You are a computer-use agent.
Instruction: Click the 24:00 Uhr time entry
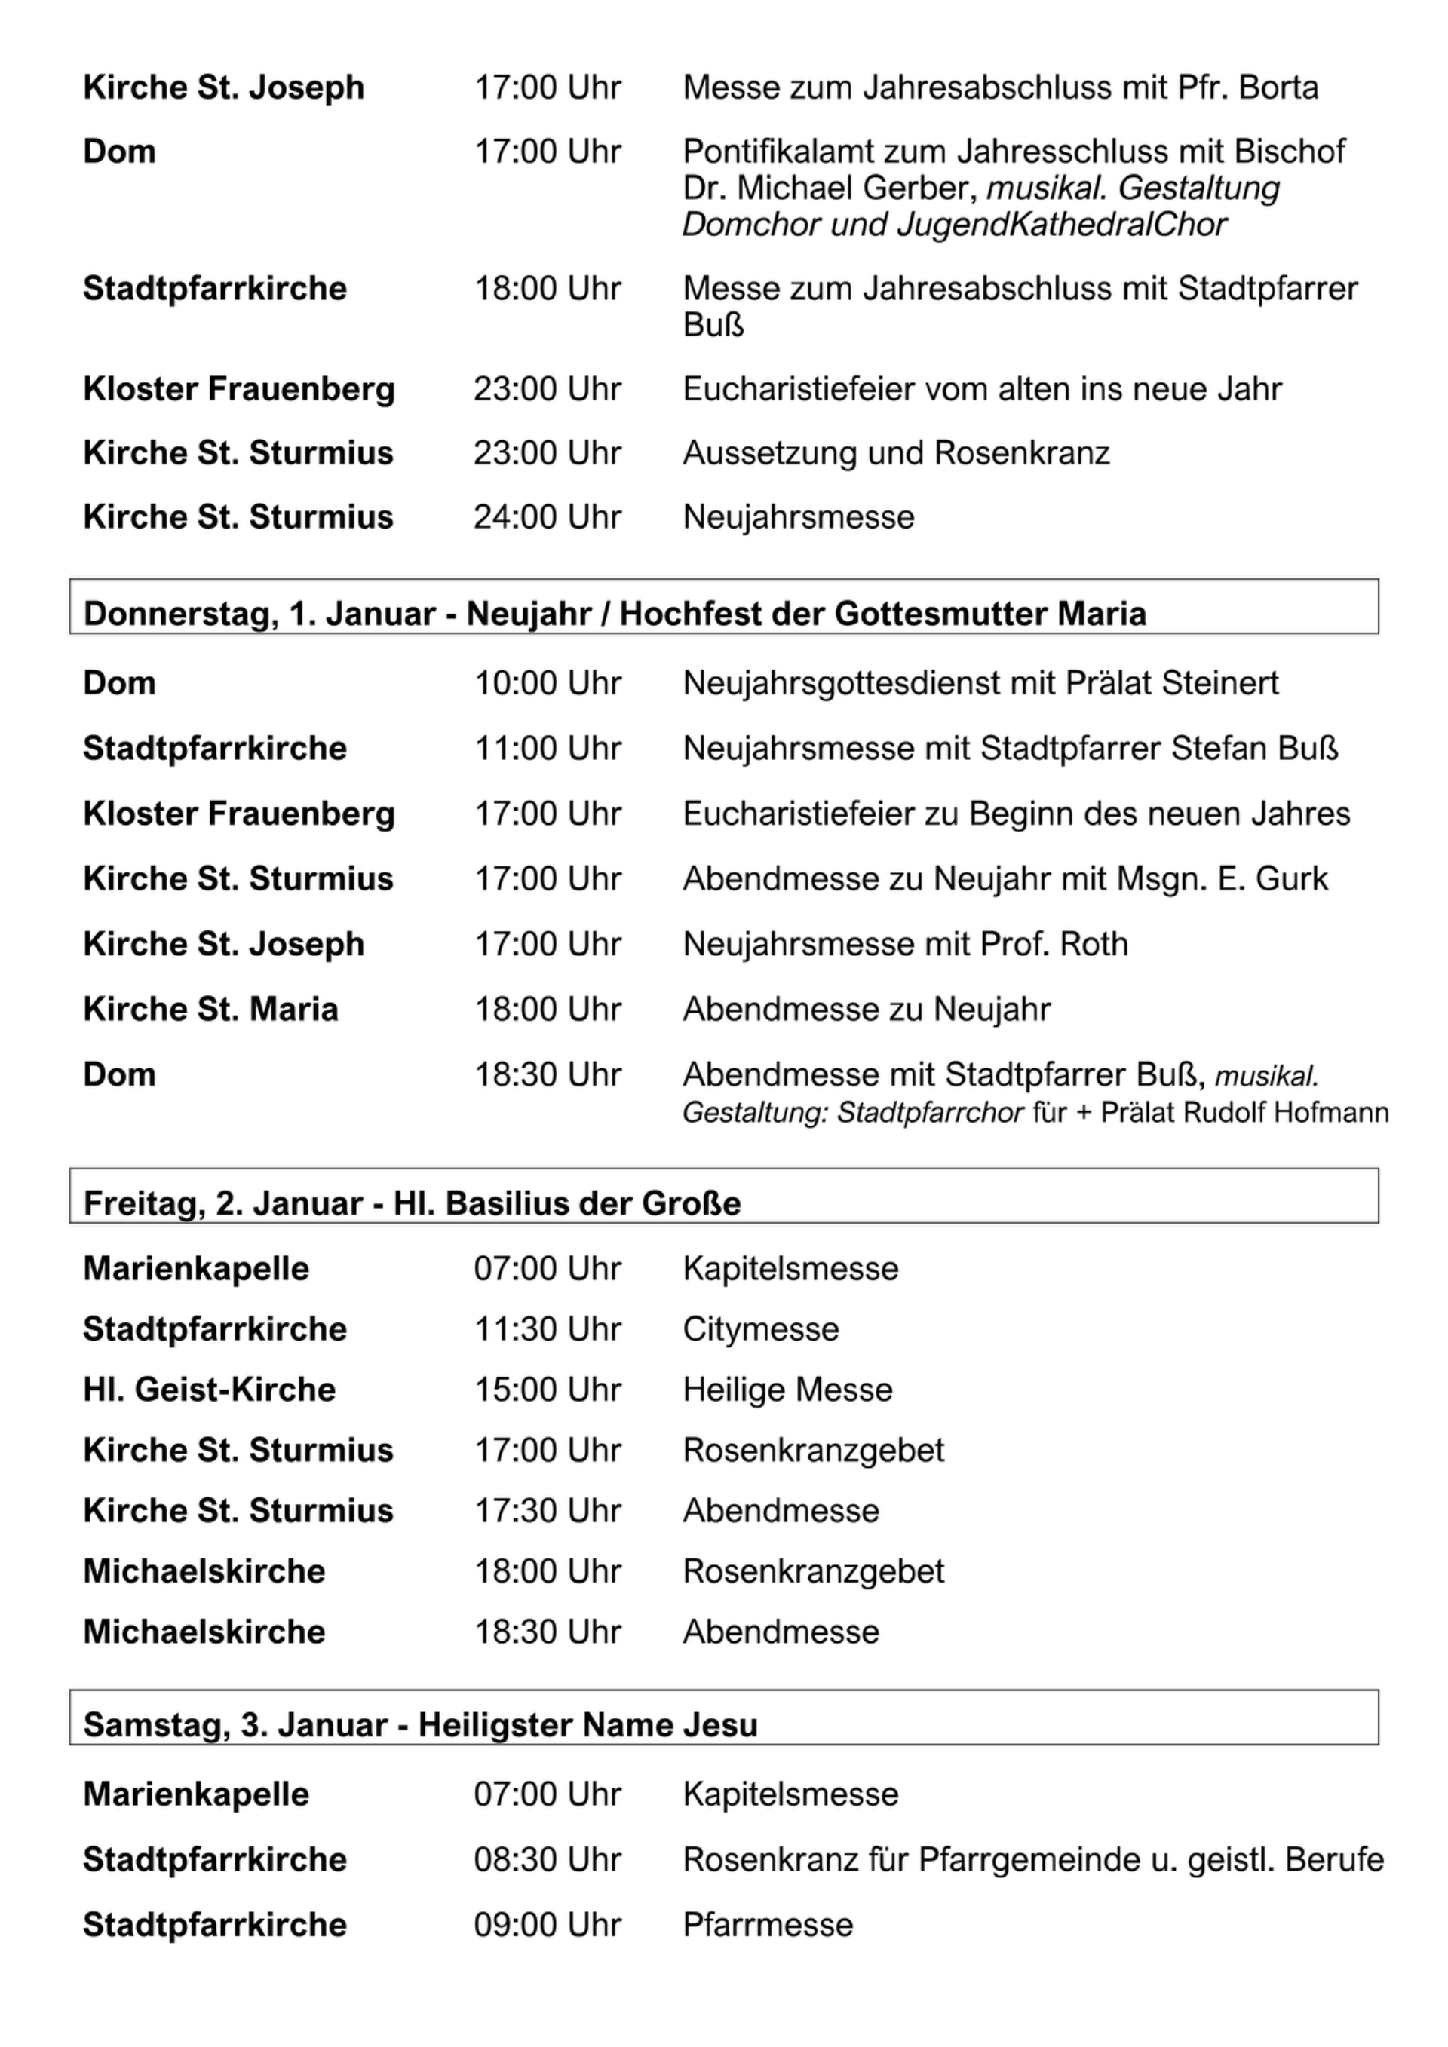point(547,517)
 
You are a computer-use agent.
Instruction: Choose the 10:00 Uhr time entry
point(547,684)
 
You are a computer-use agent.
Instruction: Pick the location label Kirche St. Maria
point(210,1010)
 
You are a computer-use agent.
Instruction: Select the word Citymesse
point(760,1329)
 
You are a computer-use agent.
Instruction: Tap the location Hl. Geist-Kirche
point(210,1390)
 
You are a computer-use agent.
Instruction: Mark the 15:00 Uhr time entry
point(547,1390)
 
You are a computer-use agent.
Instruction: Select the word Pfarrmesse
point(768,1925)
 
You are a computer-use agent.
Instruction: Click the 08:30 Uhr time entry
point(547,1860)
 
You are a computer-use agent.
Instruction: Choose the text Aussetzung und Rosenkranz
point(896,453)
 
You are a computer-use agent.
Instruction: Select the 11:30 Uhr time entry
point(547,1329)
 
